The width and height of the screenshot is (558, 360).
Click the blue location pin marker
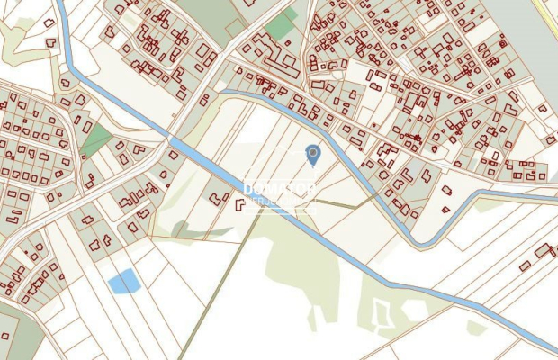coord(312,155)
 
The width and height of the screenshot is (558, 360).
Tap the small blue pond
coord(123,282)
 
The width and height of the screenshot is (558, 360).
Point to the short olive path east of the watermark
coord(335,206)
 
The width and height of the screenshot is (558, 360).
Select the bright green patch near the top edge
coord(283,26)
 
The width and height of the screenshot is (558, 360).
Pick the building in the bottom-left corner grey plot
coord(5,336)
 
